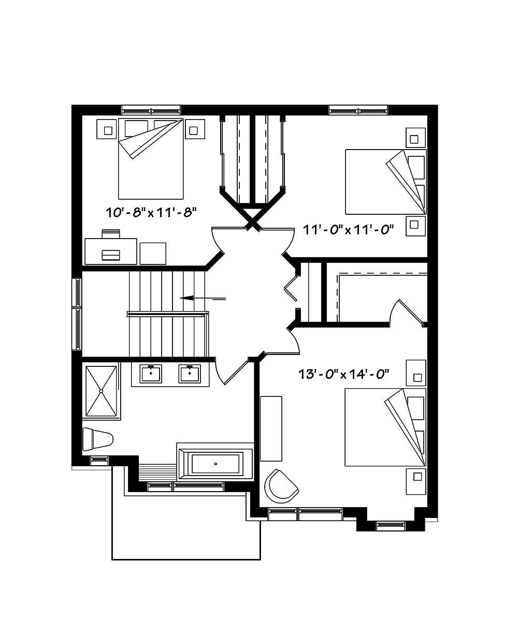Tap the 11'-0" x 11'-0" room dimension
pos(346,229)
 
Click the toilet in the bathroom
pos(97,439)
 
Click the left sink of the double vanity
pos(151,373)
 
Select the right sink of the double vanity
pos(190,373)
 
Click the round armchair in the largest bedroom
pos(281,485)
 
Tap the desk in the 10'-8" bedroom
pos(111,252)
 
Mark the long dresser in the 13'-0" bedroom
pos(271,428)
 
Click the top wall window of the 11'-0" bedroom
pos(358,110)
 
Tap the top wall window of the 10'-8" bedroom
pos(151,110)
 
